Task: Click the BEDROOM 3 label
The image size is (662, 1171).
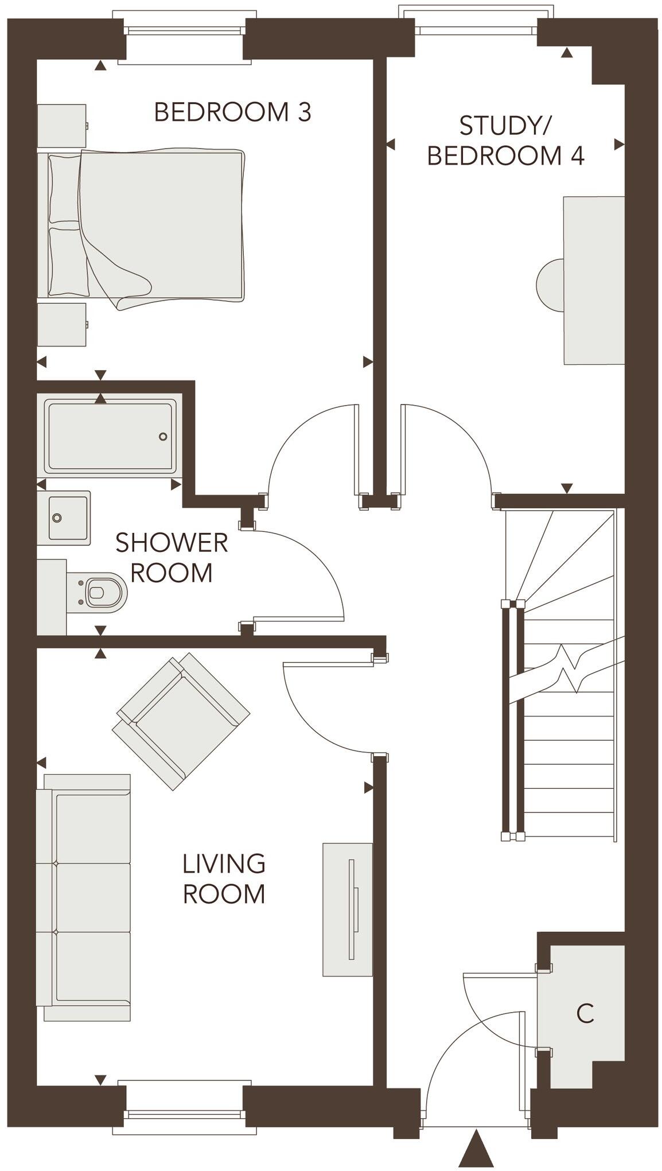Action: click(232, 112)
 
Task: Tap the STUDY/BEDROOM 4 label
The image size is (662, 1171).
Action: click(505, 141)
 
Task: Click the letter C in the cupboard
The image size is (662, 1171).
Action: click(585, 1014)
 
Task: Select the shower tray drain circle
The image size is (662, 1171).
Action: click(163, 437)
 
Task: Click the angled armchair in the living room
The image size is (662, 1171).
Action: click(181, 721)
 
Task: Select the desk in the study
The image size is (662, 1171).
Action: click(594, 281)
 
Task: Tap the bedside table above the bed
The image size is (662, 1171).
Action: click(62, 126)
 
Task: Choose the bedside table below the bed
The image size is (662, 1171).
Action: click(62, 325)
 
